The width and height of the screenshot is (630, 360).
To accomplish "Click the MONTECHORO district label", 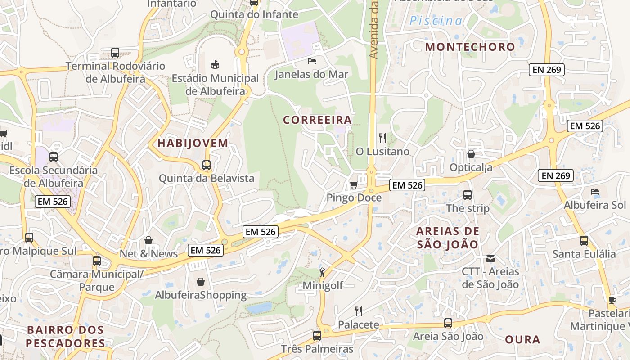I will (470, 47).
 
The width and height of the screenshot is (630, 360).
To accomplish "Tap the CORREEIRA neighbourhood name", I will (317, 120).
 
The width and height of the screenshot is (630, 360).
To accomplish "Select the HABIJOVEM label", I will (193, 144).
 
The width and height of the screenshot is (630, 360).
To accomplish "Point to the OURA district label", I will (522, 339).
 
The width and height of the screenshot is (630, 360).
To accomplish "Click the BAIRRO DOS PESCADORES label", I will (65, 337).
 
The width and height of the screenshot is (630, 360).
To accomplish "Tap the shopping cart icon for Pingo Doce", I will (354, 185).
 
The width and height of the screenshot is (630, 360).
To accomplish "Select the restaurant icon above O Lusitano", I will (382, 138).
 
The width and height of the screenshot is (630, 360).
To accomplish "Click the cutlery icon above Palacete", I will (359, 311).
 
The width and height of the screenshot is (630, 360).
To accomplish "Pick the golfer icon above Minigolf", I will (322, 272).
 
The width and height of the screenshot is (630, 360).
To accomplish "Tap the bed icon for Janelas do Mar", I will (312, 61).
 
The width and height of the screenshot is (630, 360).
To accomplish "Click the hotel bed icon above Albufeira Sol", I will (595, 192).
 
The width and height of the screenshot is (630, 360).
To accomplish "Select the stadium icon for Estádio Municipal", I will (215, 64).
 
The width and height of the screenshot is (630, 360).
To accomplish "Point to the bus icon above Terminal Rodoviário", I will (115, 53).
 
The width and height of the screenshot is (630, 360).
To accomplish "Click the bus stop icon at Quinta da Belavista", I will (207, 165).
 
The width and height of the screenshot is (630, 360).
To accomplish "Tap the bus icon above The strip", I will (468, 195).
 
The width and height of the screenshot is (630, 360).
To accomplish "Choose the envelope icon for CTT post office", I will (490, 259).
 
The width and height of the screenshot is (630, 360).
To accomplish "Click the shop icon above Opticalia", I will (471, 154).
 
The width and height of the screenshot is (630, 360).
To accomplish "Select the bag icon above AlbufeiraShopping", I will (201, 282).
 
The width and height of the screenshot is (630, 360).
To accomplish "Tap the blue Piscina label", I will (436, 21).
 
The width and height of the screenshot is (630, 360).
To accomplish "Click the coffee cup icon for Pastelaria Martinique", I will (612, 300).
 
